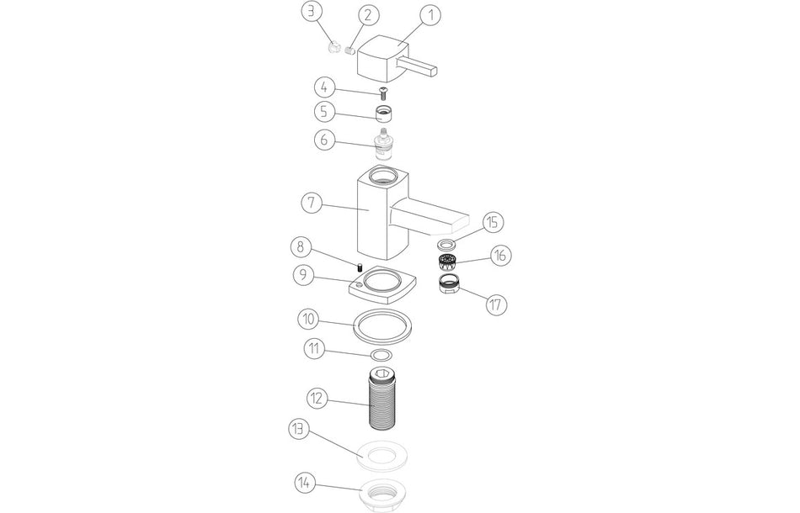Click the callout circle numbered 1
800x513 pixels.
click(x=430, y=16)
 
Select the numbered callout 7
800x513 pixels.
click(x=312, y=204)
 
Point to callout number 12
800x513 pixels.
click(x=317, y=398)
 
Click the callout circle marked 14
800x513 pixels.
click(x=305, y=483)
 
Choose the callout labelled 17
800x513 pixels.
click(x=496, y=304)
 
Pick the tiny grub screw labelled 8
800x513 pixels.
click(x=359, y=267)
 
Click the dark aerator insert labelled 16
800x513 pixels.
click(x=447, y=262)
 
